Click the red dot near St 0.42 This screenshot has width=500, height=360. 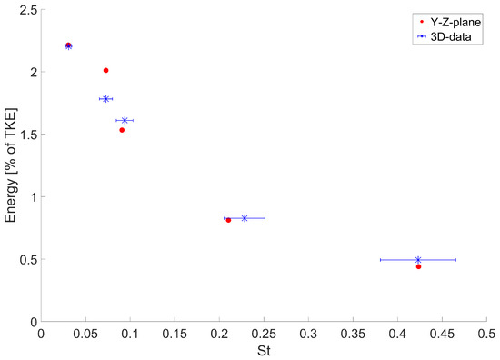click(418, 266)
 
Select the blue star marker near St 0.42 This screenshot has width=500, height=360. click(418, 260)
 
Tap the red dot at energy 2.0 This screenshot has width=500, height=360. click(106, 70)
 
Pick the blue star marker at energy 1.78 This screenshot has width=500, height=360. click(106, 99)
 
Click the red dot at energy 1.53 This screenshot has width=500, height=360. click(122, 130)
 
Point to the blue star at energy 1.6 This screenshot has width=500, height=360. click(125, 120)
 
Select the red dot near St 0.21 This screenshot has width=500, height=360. click(228, 220)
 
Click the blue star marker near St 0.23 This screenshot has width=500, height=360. click(245, 218)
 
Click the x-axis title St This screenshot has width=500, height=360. click(264, 351)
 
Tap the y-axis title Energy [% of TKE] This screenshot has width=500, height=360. click(12, 165)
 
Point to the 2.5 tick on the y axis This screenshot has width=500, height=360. click(25, 9)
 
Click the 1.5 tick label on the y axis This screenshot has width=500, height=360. click(25, 135)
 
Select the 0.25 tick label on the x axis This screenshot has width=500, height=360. click(264, 334)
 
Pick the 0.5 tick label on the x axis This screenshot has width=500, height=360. click(486, 334)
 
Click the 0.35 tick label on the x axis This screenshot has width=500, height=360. click(353, 334)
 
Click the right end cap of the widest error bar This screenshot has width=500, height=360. click(455, 260)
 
